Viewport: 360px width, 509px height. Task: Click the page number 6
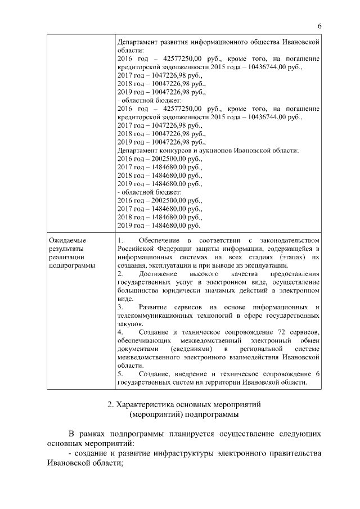coord(319,26)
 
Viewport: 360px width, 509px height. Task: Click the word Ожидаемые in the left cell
coord(67,241)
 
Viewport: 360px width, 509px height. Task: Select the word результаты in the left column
coord(66,249)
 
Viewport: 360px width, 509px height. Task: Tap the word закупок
coord(130,325)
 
